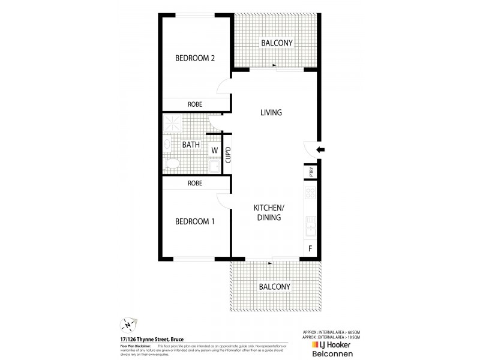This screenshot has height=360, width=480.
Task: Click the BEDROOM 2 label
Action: click(195, 58)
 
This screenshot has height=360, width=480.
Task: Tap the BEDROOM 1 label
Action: click(195, 221)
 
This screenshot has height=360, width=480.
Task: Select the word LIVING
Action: click(271, 112)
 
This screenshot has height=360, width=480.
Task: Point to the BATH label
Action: click(190, 145)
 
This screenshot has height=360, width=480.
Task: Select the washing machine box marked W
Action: click(214, 151)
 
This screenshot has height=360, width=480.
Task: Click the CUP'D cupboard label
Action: click(227, 155)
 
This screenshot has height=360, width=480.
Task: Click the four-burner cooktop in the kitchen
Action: click(311, 193)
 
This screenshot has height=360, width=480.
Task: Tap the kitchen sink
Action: click(311, 226)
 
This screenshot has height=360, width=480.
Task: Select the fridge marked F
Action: click(310, 247)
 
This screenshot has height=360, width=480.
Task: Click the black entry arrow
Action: click(321, 150)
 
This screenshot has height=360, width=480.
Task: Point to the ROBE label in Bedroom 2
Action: click(195, 104)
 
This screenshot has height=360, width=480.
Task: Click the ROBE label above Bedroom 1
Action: click(195, 183)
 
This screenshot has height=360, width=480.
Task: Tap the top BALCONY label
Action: click(276, 43)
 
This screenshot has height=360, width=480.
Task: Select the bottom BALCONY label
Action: click(275, 287)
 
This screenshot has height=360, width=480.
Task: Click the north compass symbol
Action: click(128, 325)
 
